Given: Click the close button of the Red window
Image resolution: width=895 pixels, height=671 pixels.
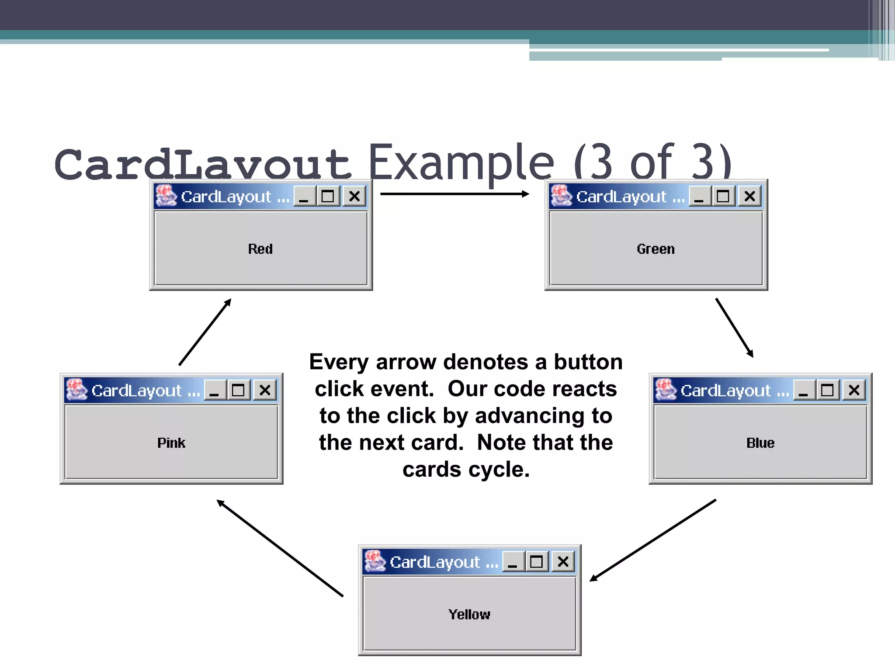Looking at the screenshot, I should (354, 196).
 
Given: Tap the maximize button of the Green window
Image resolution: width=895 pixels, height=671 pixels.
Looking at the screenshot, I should (723, 196).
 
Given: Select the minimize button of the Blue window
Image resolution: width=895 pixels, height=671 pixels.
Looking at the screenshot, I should (804, 390).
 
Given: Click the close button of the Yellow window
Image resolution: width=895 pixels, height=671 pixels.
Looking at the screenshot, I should (563, 561).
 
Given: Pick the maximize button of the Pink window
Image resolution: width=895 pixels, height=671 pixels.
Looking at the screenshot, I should (238, 390).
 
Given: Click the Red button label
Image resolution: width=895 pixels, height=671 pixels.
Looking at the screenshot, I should (260, 249).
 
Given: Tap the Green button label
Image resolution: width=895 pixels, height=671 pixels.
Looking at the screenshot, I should (656, 249).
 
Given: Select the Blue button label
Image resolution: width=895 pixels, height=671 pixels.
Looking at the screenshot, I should (760, 443).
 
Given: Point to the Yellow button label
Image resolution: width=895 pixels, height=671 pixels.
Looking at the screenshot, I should (469, 614).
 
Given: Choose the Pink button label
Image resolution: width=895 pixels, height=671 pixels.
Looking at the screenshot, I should (171, 443).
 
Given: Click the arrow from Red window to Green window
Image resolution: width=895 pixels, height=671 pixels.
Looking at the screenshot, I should (454, 194).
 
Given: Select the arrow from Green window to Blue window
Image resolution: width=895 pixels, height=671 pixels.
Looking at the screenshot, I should (734, 328).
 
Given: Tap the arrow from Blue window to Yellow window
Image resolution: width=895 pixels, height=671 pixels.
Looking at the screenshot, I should (653, 540).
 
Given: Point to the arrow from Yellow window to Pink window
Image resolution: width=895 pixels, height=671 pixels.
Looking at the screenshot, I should (280, 548).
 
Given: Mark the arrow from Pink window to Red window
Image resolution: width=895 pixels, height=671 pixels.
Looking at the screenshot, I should (205, 332).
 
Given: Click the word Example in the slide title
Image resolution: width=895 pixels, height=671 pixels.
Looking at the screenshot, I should (461, 163).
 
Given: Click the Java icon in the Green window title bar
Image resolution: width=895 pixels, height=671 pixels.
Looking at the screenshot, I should (561, 196).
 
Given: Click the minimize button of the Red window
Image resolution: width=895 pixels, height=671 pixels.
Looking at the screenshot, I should (304, 196).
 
